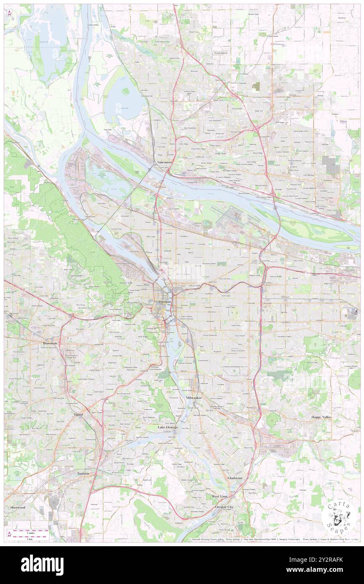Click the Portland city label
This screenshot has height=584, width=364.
(x=165, y=302)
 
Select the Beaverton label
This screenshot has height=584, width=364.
(x=50, y=343)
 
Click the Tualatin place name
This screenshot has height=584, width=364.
(x=83, y=473)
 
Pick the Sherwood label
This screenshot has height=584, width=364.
(x=18, y=507)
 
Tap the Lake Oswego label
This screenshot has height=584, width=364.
(x=167, y=427)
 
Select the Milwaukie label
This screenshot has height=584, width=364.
(x=194, y=397)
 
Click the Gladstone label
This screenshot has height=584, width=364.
(x=235, y=478)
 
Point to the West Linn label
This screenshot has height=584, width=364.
(x=219, y=497)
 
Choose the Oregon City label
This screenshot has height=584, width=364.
(x=224, y=507)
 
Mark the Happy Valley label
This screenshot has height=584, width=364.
(x=321, y=417)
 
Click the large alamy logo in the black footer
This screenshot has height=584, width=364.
(x=42, y=565)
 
